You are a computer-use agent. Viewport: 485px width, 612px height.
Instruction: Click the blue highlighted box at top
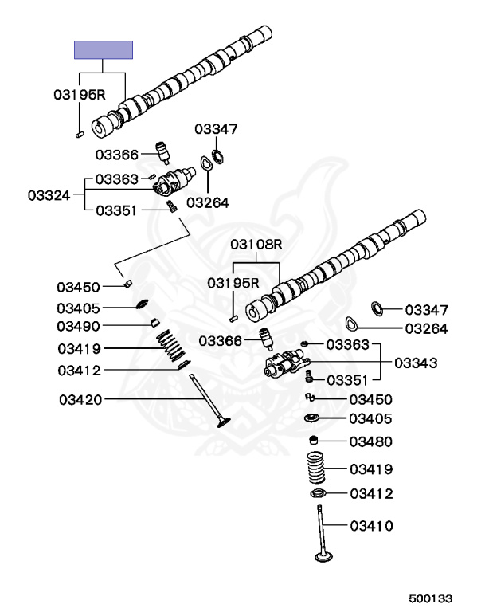(x=104, y=49)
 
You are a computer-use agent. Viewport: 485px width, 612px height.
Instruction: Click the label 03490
(x=78, y=326)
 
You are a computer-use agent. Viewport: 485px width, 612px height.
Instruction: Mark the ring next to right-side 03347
(x=378, y=308)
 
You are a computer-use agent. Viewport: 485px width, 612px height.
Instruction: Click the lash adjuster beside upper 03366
(x=163, y=151)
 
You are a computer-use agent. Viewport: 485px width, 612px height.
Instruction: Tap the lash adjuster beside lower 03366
(x=265, y=339)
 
